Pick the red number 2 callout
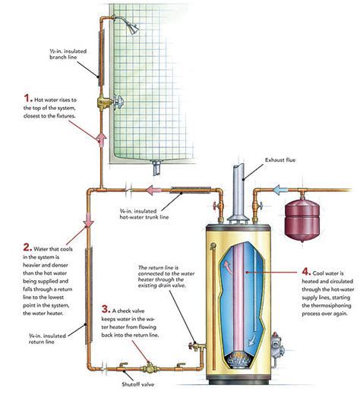pos(28,247)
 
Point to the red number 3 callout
pos(106,310)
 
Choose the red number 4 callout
pos(305,271)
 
